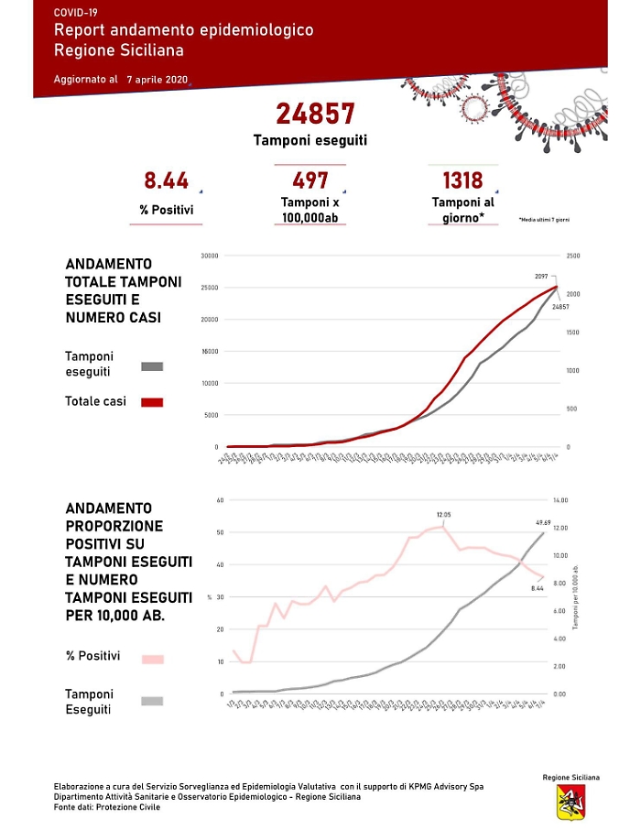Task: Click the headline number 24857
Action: (315, 114)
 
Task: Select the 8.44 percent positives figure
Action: (166, 180)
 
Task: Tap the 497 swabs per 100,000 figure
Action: (310, 180)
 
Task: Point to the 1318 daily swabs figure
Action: (462, 180)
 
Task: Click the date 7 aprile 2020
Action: (158, 80)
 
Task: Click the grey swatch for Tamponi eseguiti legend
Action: (152, 366)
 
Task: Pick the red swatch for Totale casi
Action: (152, 401)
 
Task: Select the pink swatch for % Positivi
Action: (152, 659)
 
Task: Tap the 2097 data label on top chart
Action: (542, 276)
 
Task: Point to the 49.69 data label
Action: (543, 523)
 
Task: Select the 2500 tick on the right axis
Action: (573, 256)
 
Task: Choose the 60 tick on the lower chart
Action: (220, 500)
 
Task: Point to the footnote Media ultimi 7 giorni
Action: (543, 220)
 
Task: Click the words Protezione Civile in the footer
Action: (133, 806)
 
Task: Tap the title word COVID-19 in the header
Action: (76, 13)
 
